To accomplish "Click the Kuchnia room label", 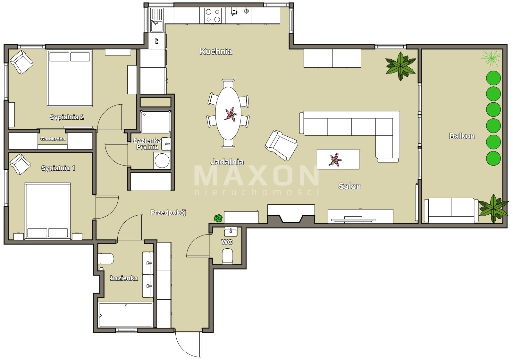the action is (x=216, y=51).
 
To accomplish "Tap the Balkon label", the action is (x=462, y=136).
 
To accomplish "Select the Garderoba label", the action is (x=53, y=139).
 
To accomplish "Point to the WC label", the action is (x=227, y=242).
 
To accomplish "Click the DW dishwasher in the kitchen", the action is (x=157, y=41).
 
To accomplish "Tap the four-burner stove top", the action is (x=213, y=16).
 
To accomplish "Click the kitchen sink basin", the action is (x=157, y=26).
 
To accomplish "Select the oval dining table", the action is (x=228, y=113).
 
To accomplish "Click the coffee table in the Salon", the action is (x=338, y=159).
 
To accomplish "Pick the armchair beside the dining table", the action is (x=281, y=145).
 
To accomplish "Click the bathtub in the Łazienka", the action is (x=125, y=315).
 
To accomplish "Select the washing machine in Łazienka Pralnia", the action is (x=162, y=161).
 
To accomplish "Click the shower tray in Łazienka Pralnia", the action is (x=156, y=122).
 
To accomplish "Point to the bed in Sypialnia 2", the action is (x=70, y=79).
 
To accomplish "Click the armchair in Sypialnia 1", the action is (x=20, y=164).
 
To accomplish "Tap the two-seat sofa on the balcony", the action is (x=451, y=210).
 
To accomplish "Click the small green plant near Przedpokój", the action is (x=218, y=218).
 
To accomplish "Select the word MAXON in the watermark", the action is (x=256, y=176).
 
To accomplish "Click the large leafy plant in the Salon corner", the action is (x=401, y=66).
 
